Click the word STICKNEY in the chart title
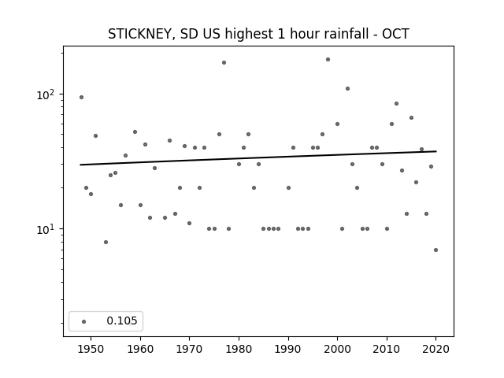tap(142, 34)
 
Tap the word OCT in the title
tap(395, 34)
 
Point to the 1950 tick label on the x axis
tap(91, 349)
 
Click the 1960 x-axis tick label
tap(140, 349)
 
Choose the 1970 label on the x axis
tap(190, 349)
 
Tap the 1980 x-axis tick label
tap(239, 349)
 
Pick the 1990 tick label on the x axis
tap(288, 349)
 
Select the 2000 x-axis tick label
tap(338, 349)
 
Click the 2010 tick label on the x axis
tap(387, 349)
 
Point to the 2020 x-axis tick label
tap(435, 349)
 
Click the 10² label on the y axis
tap(46, 94)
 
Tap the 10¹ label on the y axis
tap(46, 229)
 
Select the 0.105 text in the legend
tap(122, 321)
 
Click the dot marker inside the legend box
tap(84, 321)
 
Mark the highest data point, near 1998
tap(328, 60)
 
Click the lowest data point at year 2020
tap(435, 250)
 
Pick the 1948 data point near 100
tap(81, 98)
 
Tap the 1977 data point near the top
tap(224, 63)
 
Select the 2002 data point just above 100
tap(347, 89)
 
